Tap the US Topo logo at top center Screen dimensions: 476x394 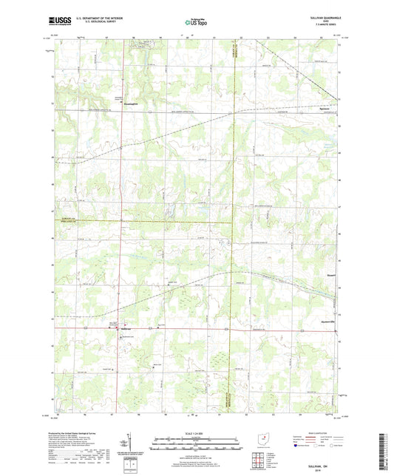coord(196,23)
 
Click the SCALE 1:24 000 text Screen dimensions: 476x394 coord(197,434)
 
